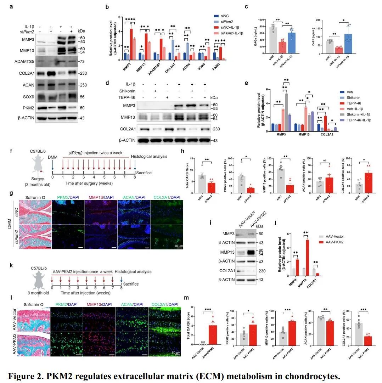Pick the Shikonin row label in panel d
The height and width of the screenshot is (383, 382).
(x=129, y=91)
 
